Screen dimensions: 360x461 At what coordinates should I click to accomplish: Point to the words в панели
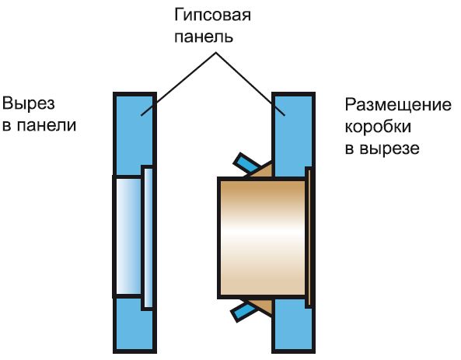click(x=40, y=125)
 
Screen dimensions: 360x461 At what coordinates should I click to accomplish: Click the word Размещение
click(x=397, y=104)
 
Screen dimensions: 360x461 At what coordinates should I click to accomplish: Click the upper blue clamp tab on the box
click(x=247, y=164)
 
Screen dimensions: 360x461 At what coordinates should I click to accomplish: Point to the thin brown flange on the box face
click(x=310, y=237)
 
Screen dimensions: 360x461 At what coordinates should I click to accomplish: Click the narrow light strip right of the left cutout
click(x=146, y=237)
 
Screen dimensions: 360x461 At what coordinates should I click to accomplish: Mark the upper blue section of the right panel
click(x=293, y=128)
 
